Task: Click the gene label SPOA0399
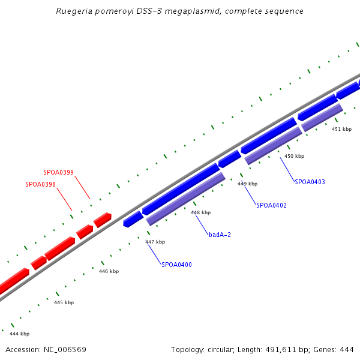58,173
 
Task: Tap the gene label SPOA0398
40,185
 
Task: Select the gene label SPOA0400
176,265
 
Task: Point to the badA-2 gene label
220,235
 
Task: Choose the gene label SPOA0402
271,205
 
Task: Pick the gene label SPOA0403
310,182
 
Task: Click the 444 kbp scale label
19,334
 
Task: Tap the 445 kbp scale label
64,302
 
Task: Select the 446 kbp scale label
109,271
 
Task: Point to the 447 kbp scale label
155,242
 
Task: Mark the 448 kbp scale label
200,212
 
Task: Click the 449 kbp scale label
247,184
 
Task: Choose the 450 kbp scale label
294,156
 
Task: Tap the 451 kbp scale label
341,129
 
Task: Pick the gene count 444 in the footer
347,349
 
